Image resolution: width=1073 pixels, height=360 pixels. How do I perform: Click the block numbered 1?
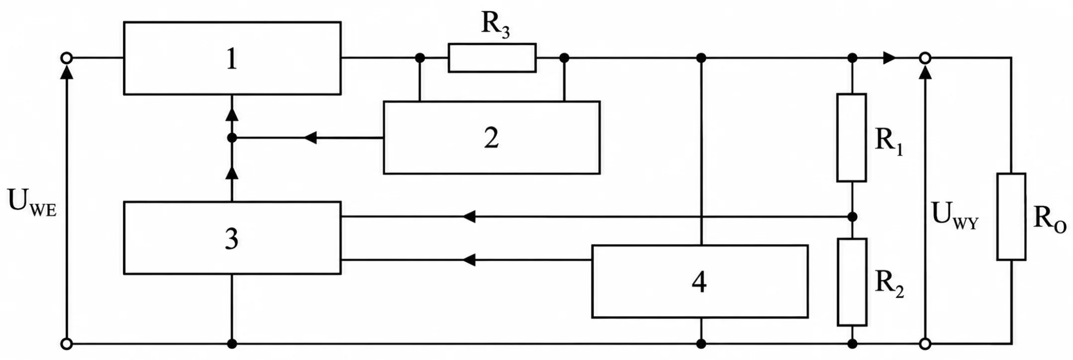click(232, 58)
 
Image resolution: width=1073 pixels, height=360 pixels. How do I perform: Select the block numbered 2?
click(491, 137)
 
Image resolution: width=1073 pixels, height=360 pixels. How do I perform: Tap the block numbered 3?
click(232, 238)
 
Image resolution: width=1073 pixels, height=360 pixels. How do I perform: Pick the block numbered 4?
click(700, 281)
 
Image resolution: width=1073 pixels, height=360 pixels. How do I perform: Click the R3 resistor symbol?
click(492, 58)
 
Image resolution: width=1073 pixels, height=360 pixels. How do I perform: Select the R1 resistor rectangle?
click(851, 137)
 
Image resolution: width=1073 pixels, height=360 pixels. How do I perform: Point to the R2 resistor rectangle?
click(851, 282)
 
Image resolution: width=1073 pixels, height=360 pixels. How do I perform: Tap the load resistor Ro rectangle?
click(1011, 217)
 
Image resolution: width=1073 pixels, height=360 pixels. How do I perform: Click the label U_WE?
click(32, 203)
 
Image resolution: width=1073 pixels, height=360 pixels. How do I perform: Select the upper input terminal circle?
click(66, 58)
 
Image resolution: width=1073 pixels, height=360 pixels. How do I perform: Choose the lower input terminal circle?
click(66, 344)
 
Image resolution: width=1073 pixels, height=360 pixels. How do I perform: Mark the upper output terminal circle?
click(925, 58)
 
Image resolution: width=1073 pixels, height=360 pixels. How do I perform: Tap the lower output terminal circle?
click(925, 344)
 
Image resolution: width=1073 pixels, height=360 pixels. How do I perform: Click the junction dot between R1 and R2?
click(852, 217)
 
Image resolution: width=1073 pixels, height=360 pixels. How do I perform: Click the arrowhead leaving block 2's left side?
click(310, 137)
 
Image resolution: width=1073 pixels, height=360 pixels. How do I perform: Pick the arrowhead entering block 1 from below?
click(232, 114)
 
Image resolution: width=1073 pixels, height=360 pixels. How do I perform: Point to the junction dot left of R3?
click(420, 58)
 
